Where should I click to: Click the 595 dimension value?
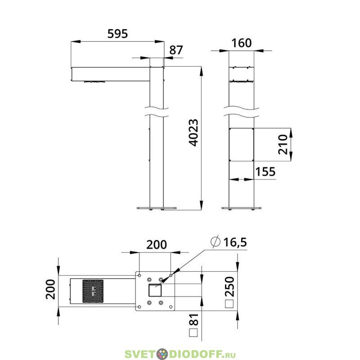[x=117, y=33]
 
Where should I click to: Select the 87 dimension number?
[x=176, y=50]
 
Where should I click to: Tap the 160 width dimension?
[x=242, y=43]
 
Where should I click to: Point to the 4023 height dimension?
[x=193, y=133]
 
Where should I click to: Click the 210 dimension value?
[x=283, y=144]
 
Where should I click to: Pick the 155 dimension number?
[x=265, y=171]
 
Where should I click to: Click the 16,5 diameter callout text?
[x=235, y=242]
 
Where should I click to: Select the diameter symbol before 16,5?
[x=216, y=242]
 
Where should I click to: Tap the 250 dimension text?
[x=229, y=287]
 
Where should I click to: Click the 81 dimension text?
[x=193, y=319]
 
